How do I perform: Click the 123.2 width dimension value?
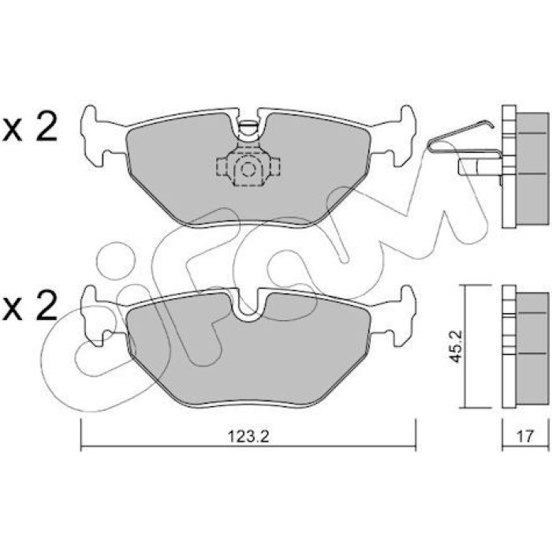[248, 437]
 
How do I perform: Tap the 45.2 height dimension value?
[457, 346]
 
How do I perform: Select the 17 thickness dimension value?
[524, 437]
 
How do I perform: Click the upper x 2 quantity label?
[30, 126]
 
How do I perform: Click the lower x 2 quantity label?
[30, 306]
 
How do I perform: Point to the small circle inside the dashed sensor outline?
[248, 170]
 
